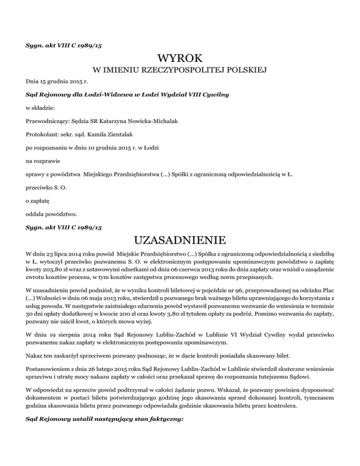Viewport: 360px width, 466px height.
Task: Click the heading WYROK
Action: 180,59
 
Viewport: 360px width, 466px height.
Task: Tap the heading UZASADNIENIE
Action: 180,241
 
